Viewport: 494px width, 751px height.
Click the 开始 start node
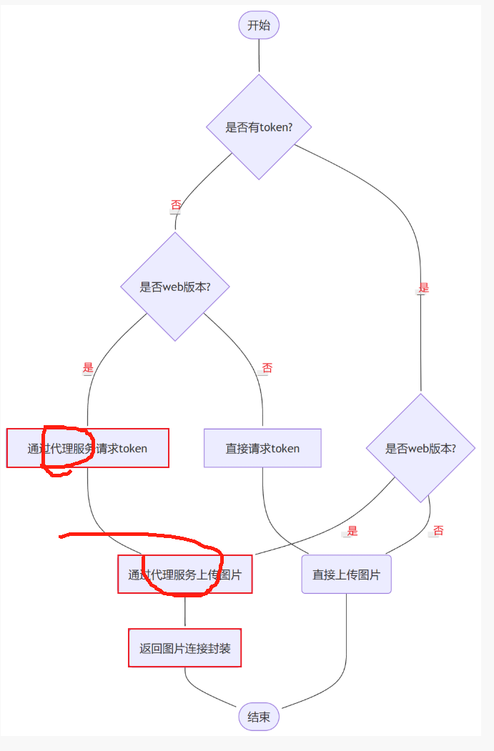(x=259, y=26)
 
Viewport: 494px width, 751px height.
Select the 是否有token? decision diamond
(x=259, y=127)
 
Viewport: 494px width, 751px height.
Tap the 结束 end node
(x=259, y=717)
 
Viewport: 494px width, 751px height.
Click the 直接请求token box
(x=262, y=448)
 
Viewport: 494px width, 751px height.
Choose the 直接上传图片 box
(x=346, y=574)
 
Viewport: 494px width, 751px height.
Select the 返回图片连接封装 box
(x=184, y=648)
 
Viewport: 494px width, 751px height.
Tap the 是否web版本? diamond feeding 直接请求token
(x=175, y=287)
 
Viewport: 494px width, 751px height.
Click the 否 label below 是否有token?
(x=176, y=206)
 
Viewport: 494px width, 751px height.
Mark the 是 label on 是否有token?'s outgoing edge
(x=423, y=289)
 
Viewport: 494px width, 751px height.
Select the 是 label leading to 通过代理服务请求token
(x=88, y=368)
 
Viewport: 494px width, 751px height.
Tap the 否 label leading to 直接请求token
(x=267, y=368)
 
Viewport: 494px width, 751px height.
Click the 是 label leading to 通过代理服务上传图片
(x=352, y=531)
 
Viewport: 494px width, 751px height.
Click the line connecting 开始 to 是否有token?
(x=259, y=57)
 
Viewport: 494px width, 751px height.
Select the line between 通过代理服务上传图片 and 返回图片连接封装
(x=184, y=610)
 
